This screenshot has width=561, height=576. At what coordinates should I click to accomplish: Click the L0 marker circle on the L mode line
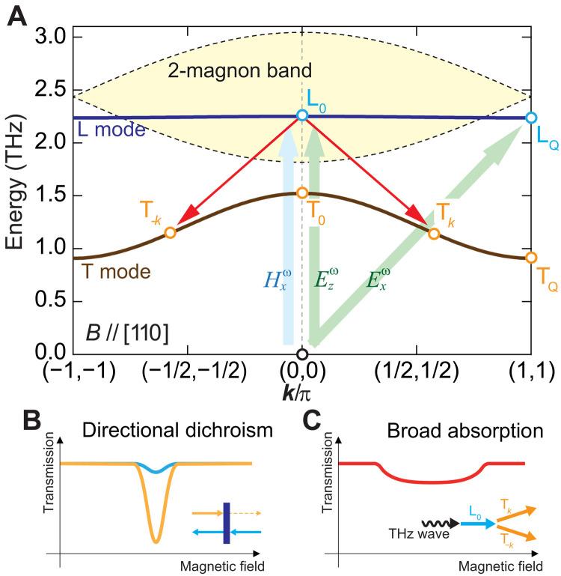pyautogui.click(x=302, y=115)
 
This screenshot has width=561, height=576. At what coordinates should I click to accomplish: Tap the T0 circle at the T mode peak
pyautogui.click(x=302, y=192)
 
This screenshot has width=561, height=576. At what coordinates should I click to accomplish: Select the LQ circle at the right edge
pyautogui.click(x=531, y=118)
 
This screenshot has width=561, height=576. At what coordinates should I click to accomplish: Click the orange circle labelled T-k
pyautogui.click(x=170, y=232)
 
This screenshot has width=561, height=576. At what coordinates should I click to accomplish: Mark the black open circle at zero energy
pyautogui.click(x=302, y=354)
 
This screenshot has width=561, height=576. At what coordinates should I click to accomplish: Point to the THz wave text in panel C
pyautogui.click(x=387, y=539)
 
